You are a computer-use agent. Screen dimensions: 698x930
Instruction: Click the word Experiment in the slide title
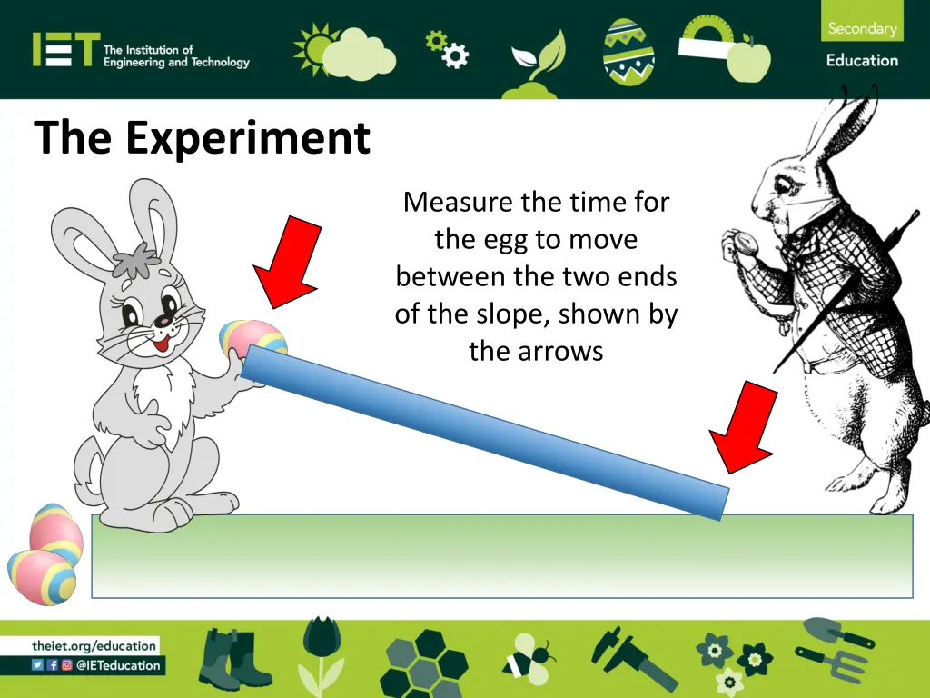click(248, 139)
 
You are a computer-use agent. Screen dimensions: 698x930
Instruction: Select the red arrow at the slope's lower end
click(744, 426)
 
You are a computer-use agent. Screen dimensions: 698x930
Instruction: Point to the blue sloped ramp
click(485, 431)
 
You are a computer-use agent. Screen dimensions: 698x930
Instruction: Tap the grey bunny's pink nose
click(163, 321)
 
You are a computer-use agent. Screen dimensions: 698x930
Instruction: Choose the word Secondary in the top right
click(862, 28)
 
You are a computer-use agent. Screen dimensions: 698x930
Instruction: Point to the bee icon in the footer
click(529, 656)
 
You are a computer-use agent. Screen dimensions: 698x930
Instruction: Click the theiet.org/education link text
click(94, 645)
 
